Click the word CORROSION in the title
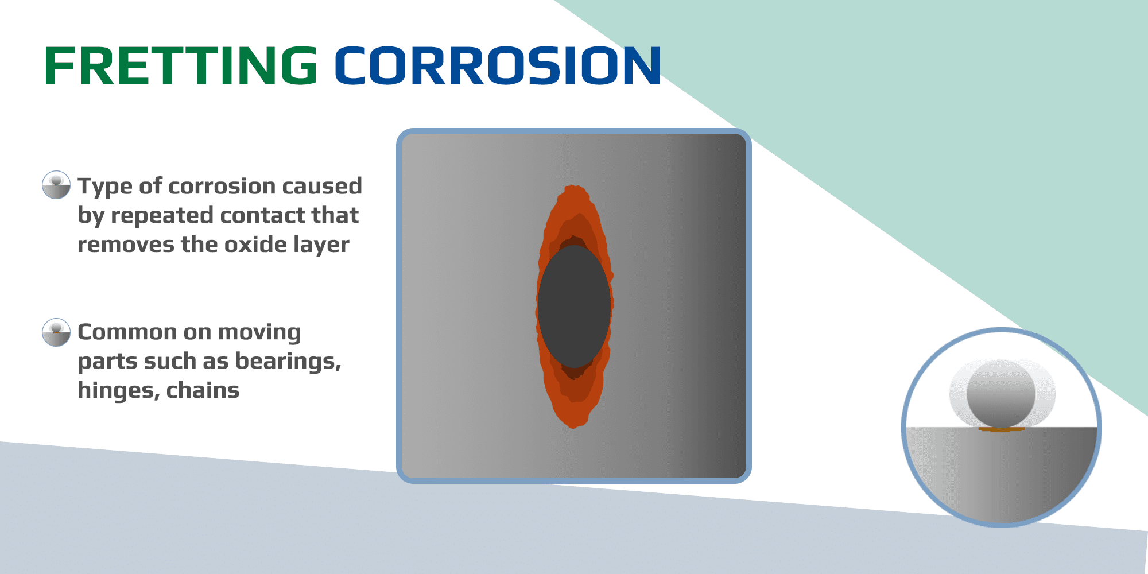click(497, 66)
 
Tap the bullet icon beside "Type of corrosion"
click(56, 185)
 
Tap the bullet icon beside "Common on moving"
click(56, 332)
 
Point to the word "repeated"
click(162, 215)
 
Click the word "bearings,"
click(288, 361)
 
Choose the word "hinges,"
click(118, 391)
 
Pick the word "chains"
click(203, 390)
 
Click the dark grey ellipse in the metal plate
click(574, 307)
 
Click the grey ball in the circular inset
click(1001, 394)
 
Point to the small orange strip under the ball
click(1001, 429)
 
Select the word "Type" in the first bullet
click(105, 187)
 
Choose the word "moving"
click(259, 332)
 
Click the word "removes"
click(126, 245)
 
